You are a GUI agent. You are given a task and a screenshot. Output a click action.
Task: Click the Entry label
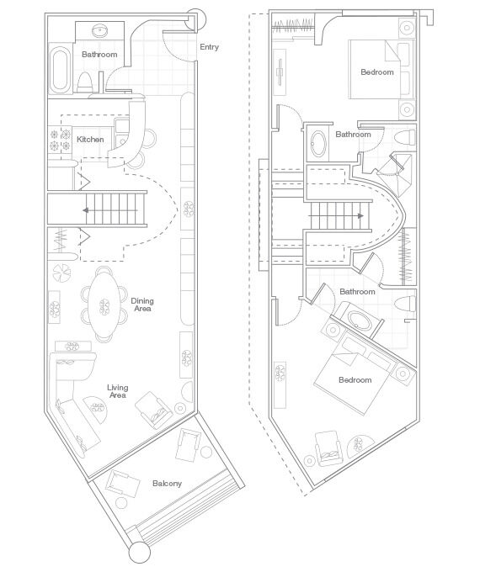[209, 47]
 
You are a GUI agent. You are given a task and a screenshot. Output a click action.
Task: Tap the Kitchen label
[90, 140]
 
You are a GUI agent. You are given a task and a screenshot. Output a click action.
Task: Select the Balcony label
[167, 484]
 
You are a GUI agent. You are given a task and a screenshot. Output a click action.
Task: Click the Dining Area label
[142, 305]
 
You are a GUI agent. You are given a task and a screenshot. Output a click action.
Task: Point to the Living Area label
[117, 391]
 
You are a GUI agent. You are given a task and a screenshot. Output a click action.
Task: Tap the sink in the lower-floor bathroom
[99, 31]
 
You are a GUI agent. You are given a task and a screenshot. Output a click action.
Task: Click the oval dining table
[104, 305]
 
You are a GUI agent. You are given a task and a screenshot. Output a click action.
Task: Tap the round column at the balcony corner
[139, 553]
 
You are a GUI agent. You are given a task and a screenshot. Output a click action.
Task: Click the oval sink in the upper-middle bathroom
[318, 143]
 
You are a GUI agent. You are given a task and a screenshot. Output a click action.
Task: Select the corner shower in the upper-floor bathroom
[397, 174]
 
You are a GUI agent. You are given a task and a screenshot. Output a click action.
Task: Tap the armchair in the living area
[154, 410]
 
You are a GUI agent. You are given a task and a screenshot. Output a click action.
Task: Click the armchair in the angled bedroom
[328, 448]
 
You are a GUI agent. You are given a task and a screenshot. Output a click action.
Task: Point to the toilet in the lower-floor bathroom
[85, 82]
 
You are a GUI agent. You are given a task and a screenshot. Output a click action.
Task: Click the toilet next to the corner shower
[405, 137]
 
